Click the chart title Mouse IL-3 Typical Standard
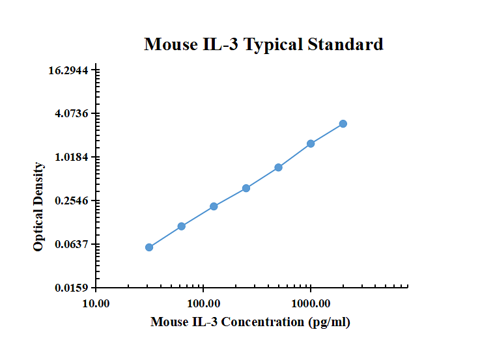(x=263, y=44)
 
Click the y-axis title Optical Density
(x=39, y=207)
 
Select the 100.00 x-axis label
(x=203, y=303)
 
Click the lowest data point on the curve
(x=149, y=247)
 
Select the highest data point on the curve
(x=343, y=124)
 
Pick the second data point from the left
(x=182, y=227)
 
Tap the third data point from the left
(x=214, y=206)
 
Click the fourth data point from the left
(x=246, y=188)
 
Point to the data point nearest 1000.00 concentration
(x=311, y=143)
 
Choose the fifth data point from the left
(x=279, y=167)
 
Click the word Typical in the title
(x=273, y=44)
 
